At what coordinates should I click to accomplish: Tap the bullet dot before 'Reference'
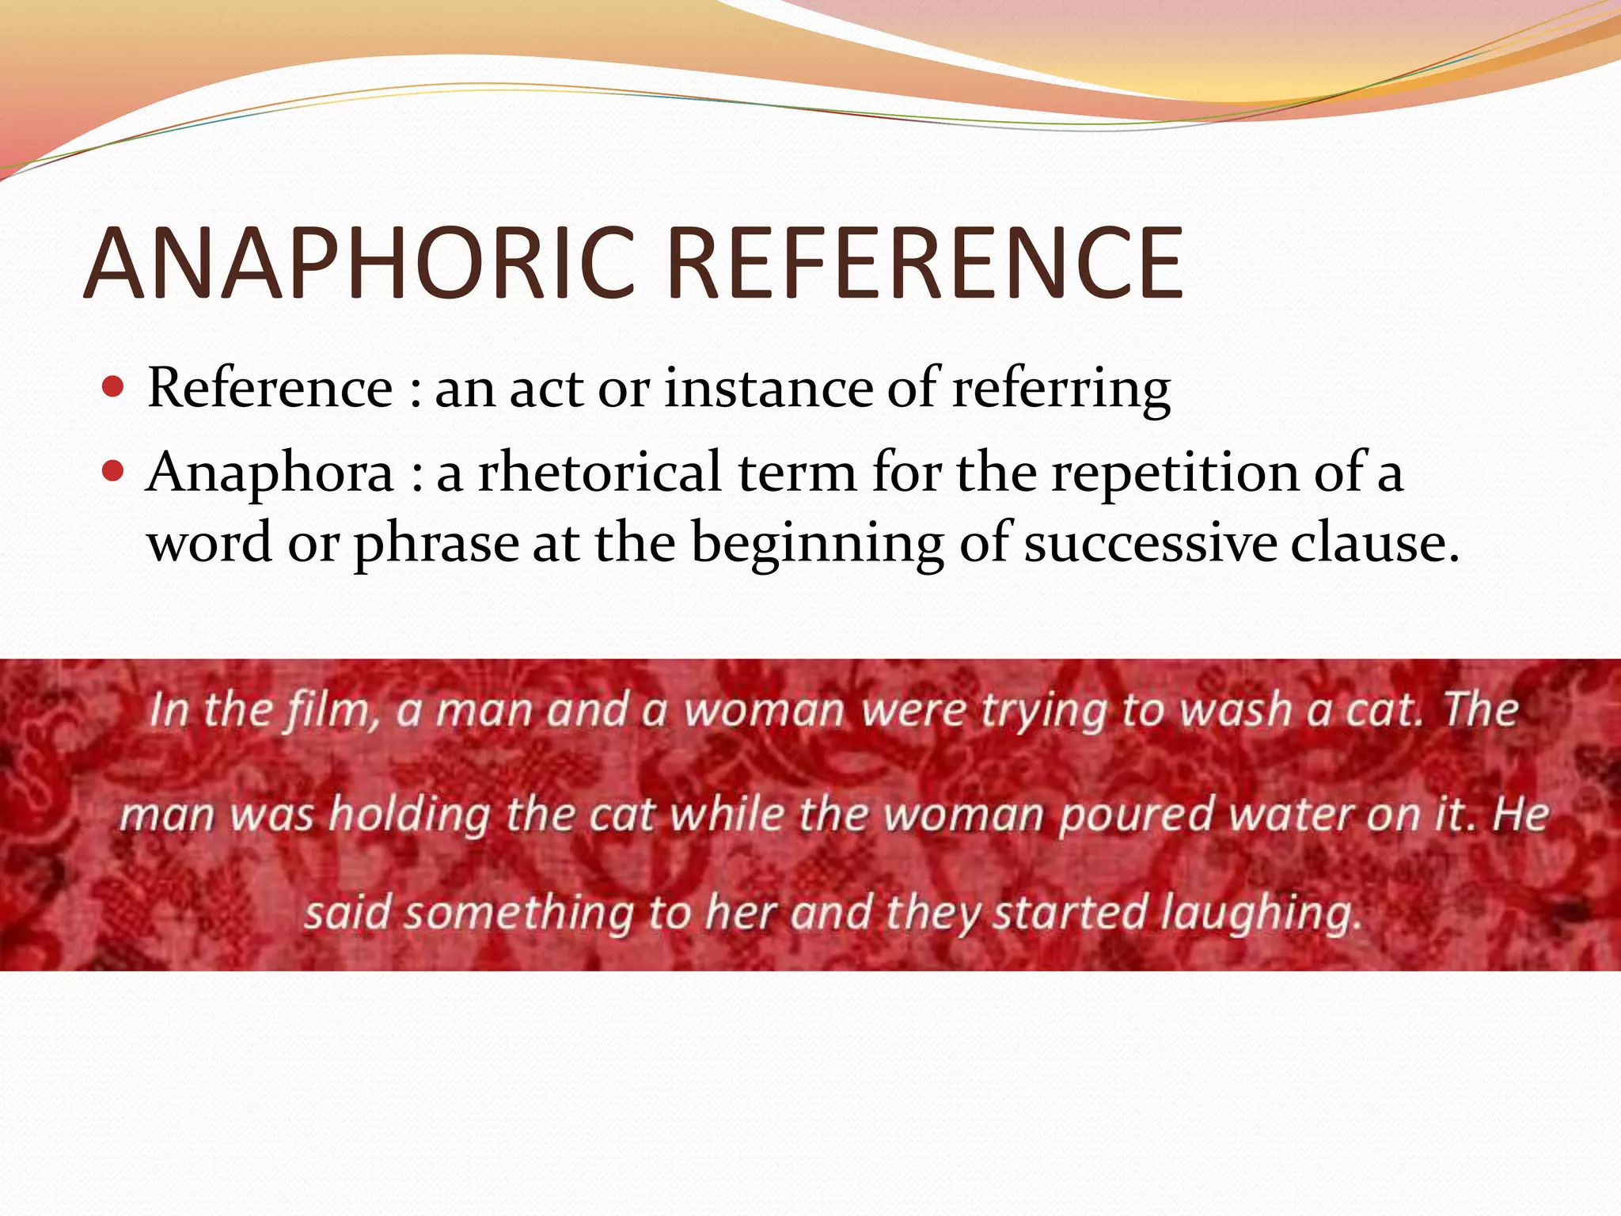(x=114, y=388)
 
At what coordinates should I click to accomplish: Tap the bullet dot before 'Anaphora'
(x=114, y=472)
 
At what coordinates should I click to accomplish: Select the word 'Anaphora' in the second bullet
(x=270, y=473)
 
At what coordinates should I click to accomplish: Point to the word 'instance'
(x=766, y=389)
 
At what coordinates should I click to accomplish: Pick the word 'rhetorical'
(x=600, y=473)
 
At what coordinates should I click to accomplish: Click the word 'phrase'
(x=435, y=545)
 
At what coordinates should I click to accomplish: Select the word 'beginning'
(x=818, y=545)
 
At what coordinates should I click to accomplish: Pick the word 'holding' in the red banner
(x=410, y=814)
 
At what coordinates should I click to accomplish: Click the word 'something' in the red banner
(x=518, y=913)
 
